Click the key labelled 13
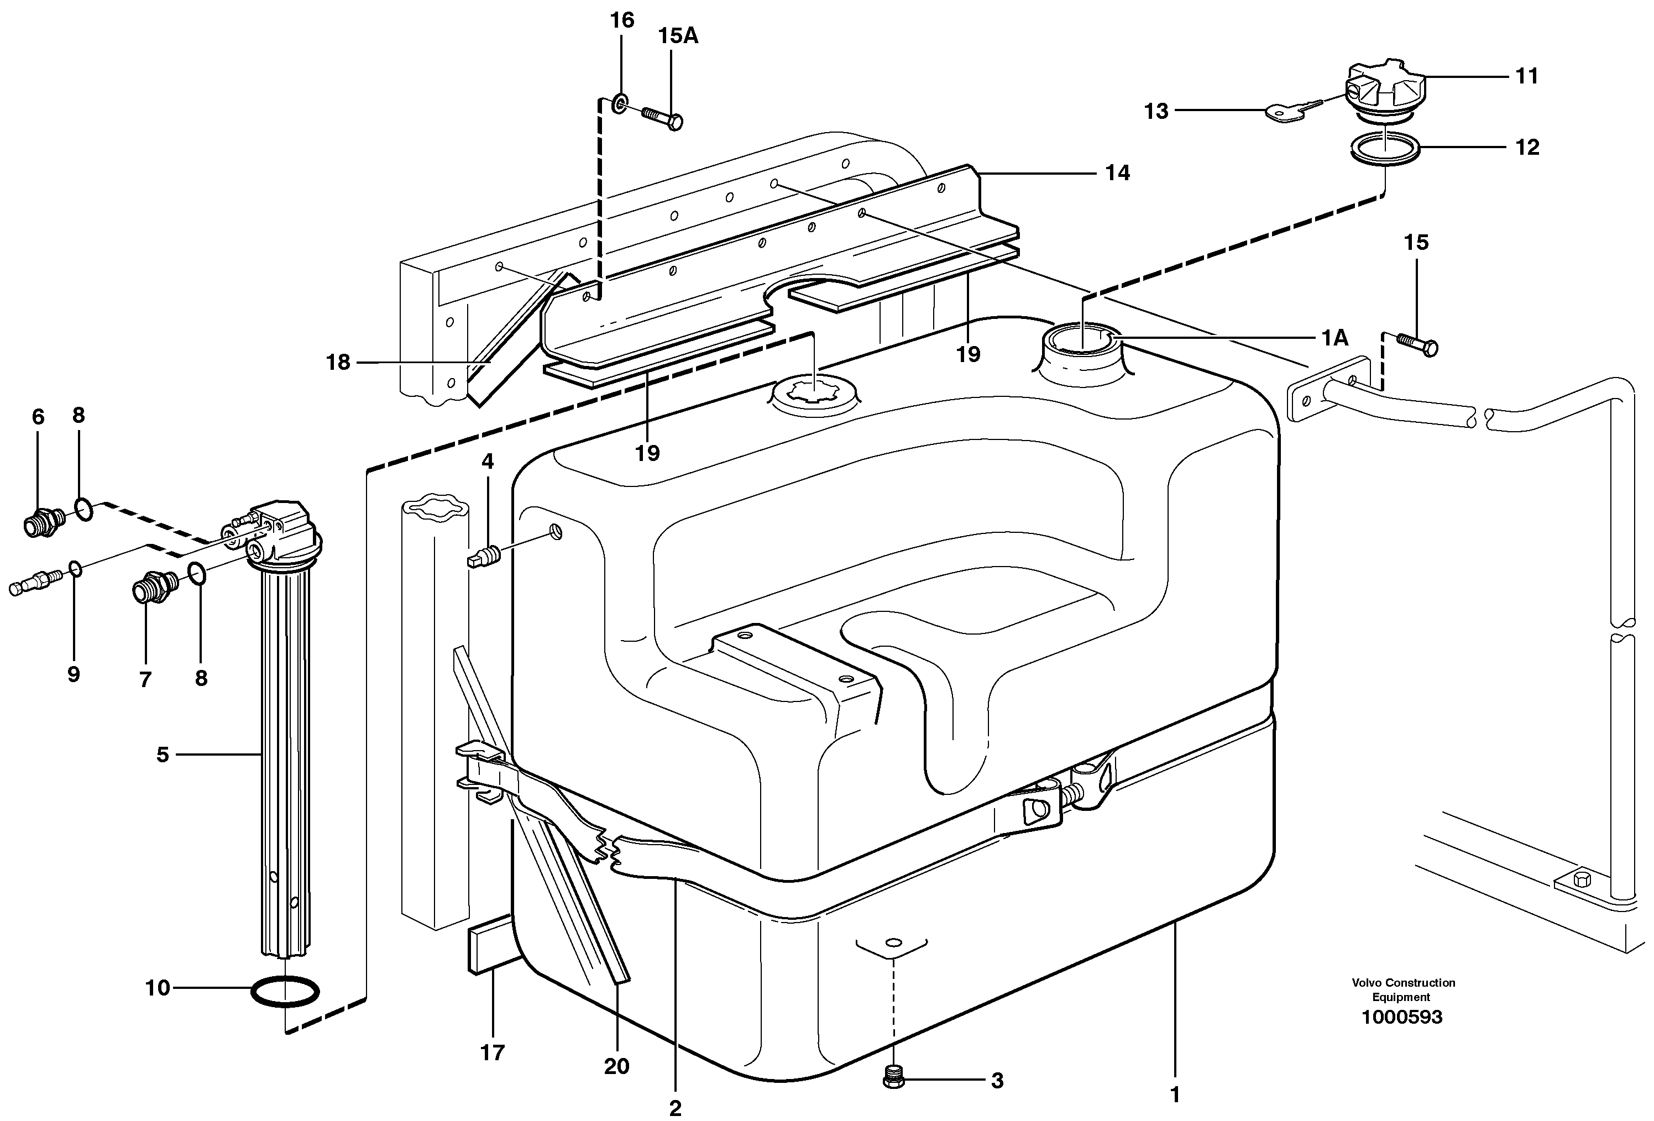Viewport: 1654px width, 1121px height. (1290, 112)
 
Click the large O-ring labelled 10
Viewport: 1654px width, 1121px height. (285, 992)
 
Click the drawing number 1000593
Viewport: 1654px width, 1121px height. (1401, 1017)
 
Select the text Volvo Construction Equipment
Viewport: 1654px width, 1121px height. (1403, 989)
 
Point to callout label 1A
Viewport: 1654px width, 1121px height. (1334, 338)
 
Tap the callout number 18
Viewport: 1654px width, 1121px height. (338, 363)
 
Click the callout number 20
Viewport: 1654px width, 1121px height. (616, 1066)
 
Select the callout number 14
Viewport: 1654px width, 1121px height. (1117, 173)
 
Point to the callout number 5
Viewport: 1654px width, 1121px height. (163, 755)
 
